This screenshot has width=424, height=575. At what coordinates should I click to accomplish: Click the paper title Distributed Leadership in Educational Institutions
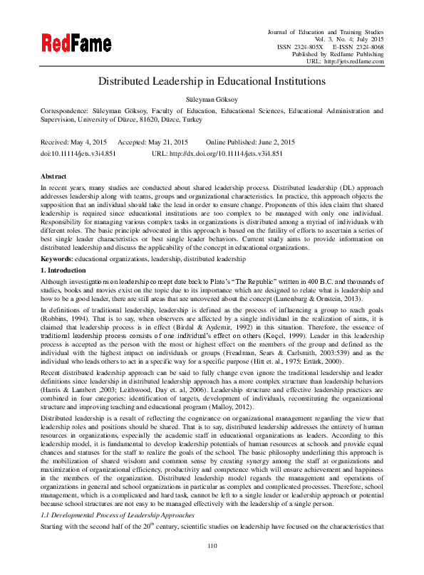click(212, 81)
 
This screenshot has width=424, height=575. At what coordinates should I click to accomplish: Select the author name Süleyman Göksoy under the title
click(212, 99)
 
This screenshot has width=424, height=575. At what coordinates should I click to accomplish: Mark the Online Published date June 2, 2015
click(274, 142)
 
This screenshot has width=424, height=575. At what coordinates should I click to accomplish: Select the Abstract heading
click(54, 176)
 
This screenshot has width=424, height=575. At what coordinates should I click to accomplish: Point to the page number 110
click(212, 546)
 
